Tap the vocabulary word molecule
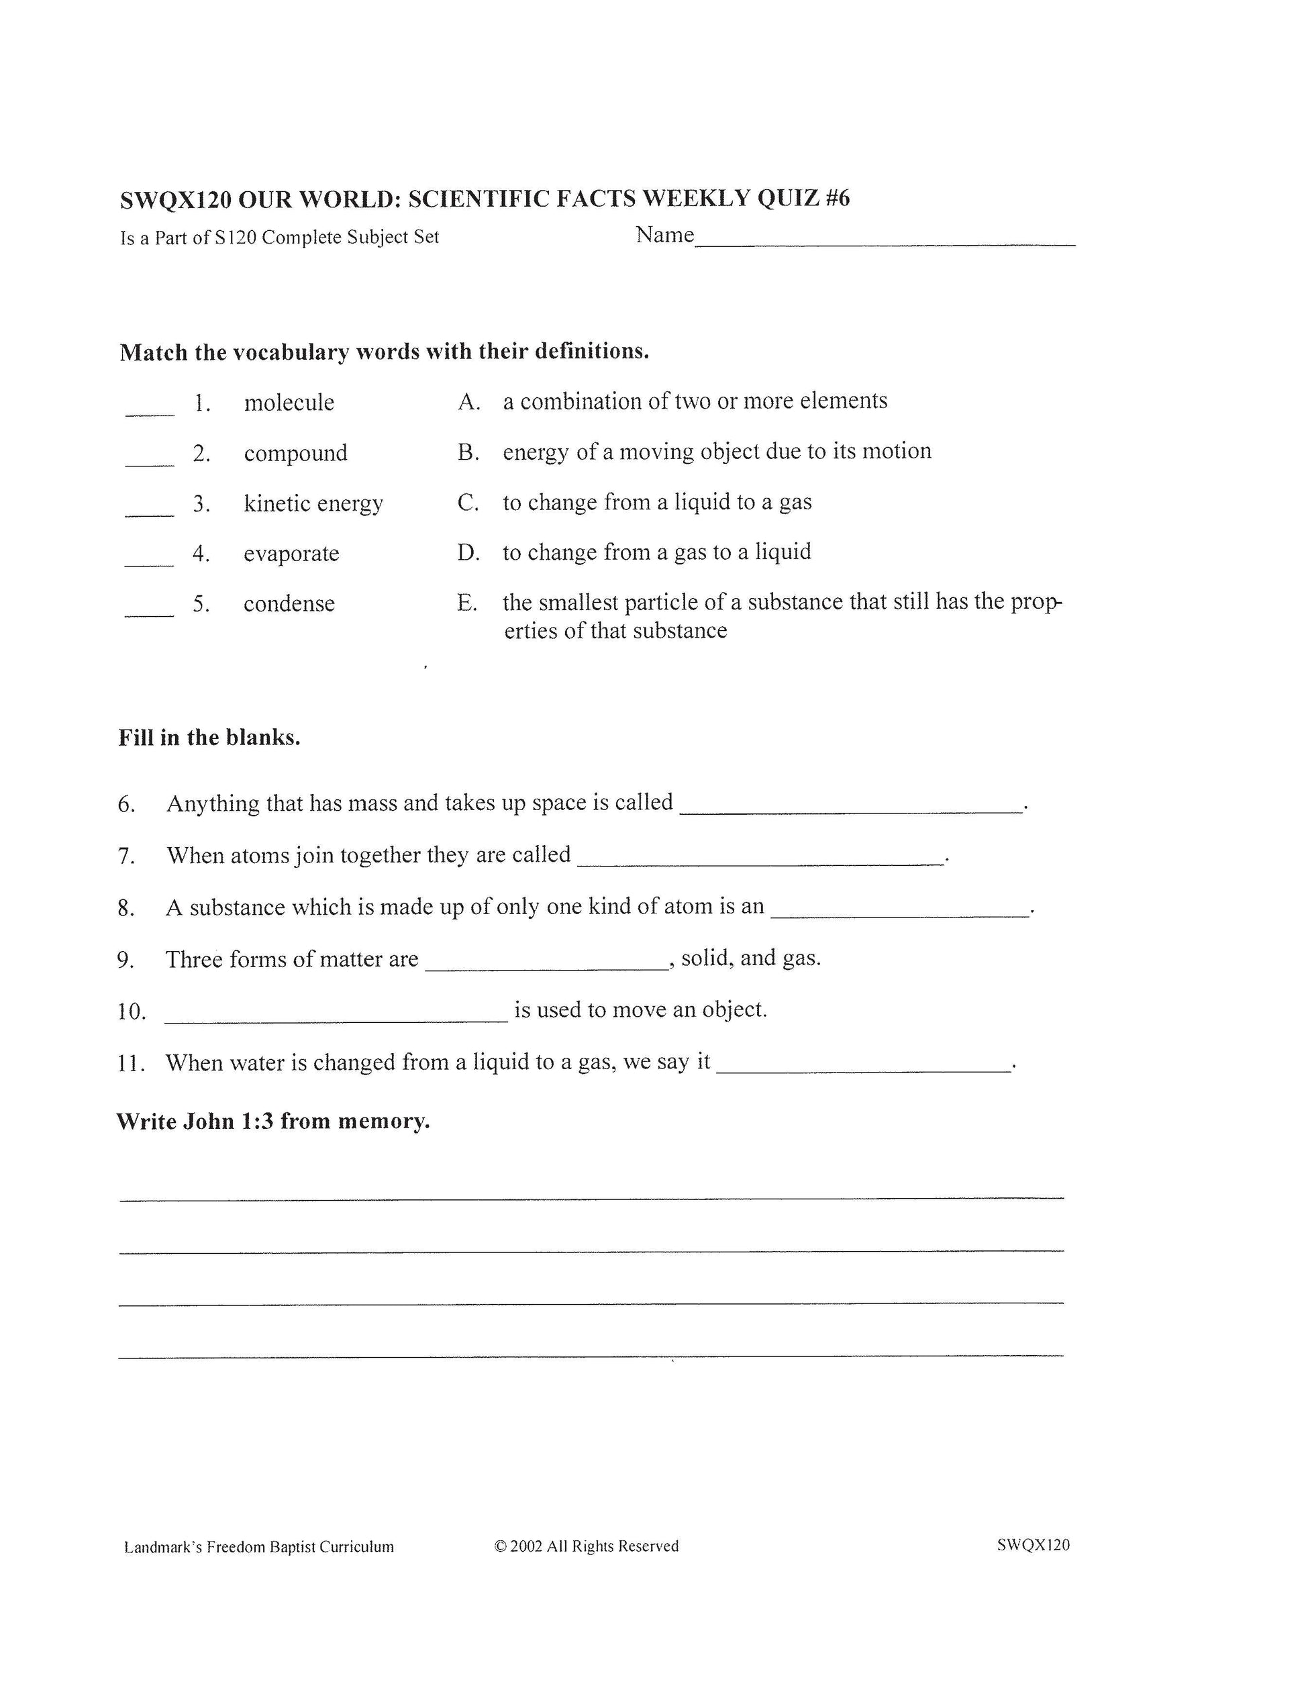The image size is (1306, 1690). pos(289,403)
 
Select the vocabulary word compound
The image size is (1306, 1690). pos(295,452)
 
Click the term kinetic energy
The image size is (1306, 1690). pos(313,503)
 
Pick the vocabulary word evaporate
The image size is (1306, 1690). pos(291,553)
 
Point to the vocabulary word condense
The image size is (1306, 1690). pos(289,603)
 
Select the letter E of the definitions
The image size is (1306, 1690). pos(466,603)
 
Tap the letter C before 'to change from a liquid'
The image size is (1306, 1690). pos(468,503)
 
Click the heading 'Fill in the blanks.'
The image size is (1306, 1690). pos(209,738)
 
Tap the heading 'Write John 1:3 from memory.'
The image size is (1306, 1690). pos(272,1122)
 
